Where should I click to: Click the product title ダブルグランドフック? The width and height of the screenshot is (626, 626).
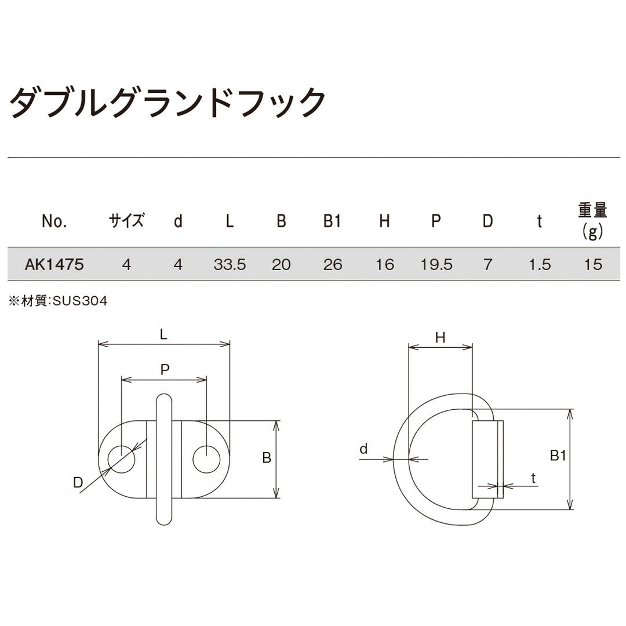168,103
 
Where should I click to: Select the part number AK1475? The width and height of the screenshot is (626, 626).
54,265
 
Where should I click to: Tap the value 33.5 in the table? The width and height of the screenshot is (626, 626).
230,265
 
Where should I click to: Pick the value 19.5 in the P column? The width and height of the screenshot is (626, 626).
436,265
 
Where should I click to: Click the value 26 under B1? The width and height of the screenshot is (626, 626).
332,265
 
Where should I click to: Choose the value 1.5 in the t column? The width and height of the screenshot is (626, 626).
539,265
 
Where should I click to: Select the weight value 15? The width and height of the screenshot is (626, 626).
593,265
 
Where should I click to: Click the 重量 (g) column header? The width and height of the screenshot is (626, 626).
593,221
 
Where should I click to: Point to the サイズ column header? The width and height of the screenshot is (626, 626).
126,221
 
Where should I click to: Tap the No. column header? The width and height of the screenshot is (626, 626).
54,221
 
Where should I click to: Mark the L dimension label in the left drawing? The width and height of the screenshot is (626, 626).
163,334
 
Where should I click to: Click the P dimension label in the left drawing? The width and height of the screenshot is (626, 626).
165,370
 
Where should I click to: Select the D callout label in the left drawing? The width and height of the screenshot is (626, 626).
78,482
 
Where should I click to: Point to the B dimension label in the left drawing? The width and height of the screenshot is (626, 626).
267,458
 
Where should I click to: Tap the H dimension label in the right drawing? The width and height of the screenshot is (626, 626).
440,338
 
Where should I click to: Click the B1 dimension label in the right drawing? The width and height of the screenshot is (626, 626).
558,456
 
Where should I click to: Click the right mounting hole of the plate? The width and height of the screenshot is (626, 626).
206,460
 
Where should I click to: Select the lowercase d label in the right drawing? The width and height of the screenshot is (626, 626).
364,449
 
